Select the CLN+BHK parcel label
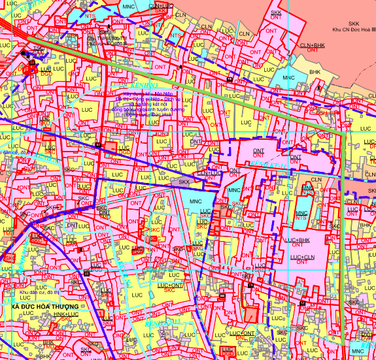point(312,44)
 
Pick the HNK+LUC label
point(65,314)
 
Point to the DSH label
point(320,112)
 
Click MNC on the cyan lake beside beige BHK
point(288,78)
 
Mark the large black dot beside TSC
point(24,52)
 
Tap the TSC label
point(38,49)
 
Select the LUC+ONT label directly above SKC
point(169,286)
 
